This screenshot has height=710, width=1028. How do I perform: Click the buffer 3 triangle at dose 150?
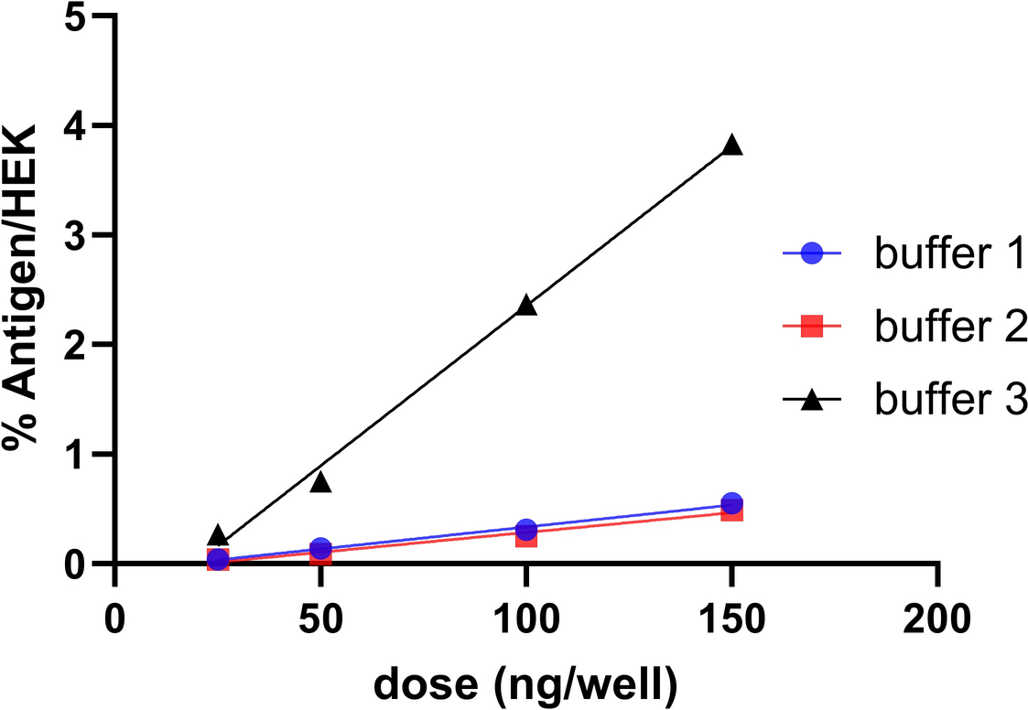coord(731,145)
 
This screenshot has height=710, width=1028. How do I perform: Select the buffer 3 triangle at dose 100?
coord(526,306)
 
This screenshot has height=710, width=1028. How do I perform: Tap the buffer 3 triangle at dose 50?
coord(320,482)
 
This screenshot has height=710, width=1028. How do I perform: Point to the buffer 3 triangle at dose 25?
coord(218,536)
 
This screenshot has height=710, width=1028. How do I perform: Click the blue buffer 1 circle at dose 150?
coord(731,503)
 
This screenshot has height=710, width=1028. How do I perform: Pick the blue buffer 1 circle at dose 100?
coord(526,530)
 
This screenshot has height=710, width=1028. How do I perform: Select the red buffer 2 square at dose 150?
coord(732,511)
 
